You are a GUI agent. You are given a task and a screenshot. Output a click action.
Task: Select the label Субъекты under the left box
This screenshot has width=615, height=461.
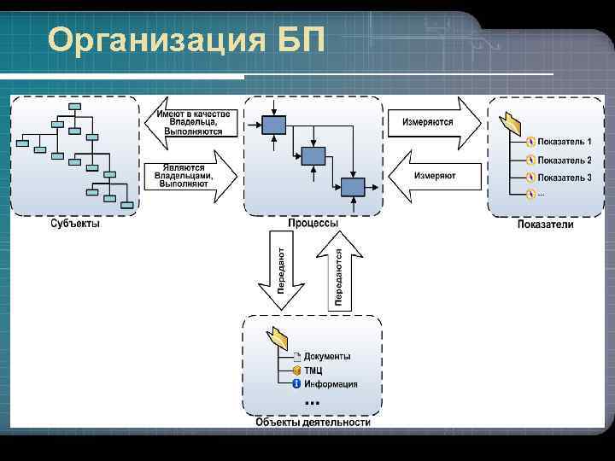[x=74, y=224]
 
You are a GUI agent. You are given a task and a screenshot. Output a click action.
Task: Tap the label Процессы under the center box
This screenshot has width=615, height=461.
[x=313, y=223]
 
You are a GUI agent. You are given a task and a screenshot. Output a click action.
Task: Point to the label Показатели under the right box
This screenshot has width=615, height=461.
[x=546, y=225]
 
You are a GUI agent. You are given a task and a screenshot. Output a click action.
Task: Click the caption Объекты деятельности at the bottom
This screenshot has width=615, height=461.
[x=313, y=422]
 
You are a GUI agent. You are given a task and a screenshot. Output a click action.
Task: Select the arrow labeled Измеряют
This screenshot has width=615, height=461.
[x=431, y=176]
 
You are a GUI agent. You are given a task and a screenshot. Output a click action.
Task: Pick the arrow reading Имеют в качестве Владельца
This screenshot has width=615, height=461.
[x=192, y=124]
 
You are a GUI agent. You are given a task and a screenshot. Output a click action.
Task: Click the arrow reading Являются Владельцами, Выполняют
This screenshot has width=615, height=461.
[x=192, y=176]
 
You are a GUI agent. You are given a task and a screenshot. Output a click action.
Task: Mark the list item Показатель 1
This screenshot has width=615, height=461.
[x=564, y=141]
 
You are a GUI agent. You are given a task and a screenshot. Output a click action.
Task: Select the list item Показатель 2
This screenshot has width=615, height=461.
[x=564, y=160]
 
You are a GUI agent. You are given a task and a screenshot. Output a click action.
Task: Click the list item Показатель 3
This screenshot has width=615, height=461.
[x=564, y=178]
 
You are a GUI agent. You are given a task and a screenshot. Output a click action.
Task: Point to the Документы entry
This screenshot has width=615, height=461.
[x=327, y=357]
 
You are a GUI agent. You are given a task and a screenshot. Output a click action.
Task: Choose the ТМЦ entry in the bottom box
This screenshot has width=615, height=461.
[x=313, y=371]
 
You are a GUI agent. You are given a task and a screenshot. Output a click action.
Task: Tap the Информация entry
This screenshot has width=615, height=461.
[x=331, y=384]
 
